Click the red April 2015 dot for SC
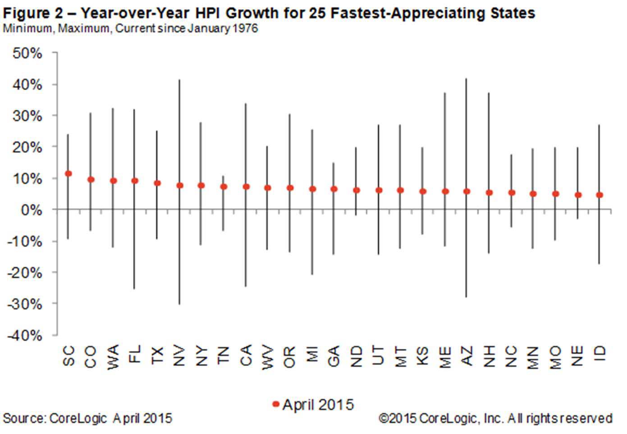pyautogui.click(x=69, y=174)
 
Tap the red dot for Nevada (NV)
pyautogui.click(x=179, y=185)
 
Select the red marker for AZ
pyautogui.click(x=467, y=192)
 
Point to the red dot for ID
pyautogui.click(x=600, y=195)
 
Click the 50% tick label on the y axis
pyautogui.click(x=27, y=54)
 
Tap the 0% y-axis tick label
pyautogui.click(x=31, y=210)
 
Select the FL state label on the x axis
pyautogui.click(x=135, y=355)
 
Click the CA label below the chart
pyautogui.click(x=246, y=356)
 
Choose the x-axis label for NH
pyautogui.click(x=489, y=356)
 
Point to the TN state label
pyautogui.click(x=224, y=356)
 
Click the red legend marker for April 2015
pyautogui.click(x=276, y=404)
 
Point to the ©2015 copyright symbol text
pyautogui.click(x=398, y=418)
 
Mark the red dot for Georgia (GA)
pyautogui.click(x=334, y=189)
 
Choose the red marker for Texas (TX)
pyautogui.click(x=157, y=183)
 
